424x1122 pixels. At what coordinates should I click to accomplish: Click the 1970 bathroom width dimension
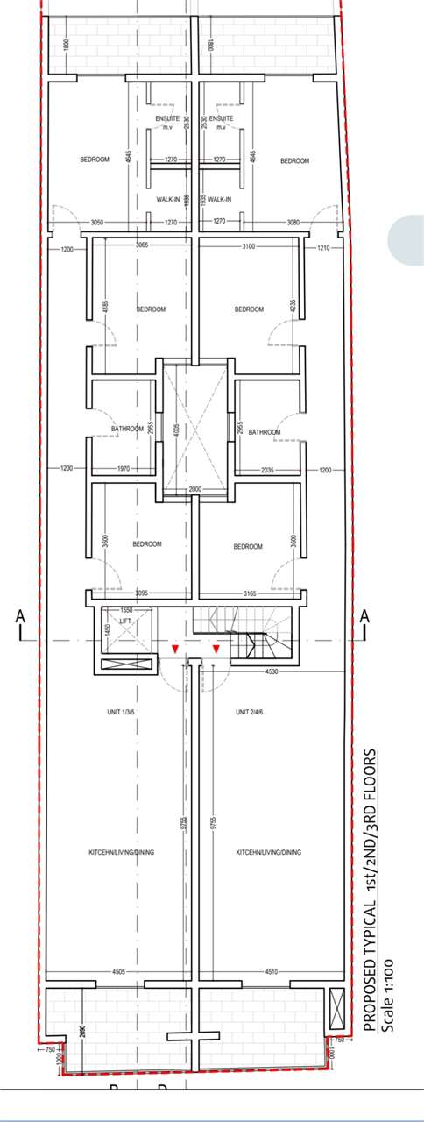point(124,470)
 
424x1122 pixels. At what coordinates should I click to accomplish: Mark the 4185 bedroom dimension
point(105,308)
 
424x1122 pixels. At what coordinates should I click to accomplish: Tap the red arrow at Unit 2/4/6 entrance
point(216,649)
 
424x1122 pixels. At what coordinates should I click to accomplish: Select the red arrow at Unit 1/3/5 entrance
point(175,649)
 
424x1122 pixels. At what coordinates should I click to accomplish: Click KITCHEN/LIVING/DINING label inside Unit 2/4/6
point(269,852)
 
